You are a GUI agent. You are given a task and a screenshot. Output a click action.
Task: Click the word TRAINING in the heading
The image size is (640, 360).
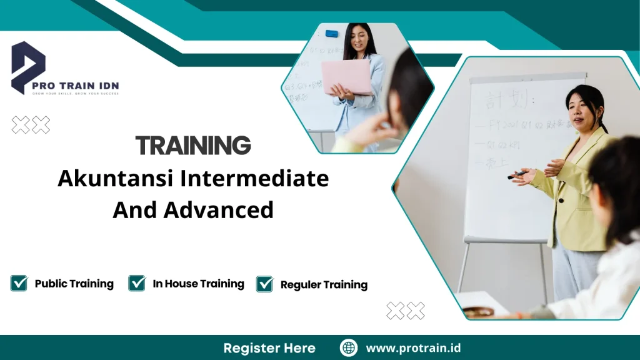click(193, 146)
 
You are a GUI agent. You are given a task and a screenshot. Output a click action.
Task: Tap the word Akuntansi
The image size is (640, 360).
click(116, 179)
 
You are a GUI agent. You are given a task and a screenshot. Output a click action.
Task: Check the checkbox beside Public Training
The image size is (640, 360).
click(19, 283)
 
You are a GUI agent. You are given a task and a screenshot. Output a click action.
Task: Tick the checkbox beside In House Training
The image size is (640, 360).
click(137, 283)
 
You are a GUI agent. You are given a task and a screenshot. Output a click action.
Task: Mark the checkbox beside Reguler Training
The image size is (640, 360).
click(265, 284)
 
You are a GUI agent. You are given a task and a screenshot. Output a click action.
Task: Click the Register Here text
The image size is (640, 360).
click(269, 348)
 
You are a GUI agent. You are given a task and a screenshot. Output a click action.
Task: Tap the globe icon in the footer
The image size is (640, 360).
click(349, 348)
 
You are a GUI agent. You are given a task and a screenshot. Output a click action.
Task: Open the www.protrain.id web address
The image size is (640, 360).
click(413, 348)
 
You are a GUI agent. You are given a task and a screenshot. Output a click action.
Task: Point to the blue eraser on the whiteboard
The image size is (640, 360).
click(331, 33)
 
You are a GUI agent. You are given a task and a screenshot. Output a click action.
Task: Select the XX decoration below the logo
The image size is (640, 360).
click(31, 125)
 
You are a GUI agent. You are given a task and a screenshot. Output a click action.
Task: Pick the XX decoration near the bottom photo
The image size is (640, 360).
click(406, 311)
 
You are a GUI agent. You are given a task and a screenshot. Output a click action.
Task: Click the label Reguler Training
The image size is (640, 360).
click(324, 285)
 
